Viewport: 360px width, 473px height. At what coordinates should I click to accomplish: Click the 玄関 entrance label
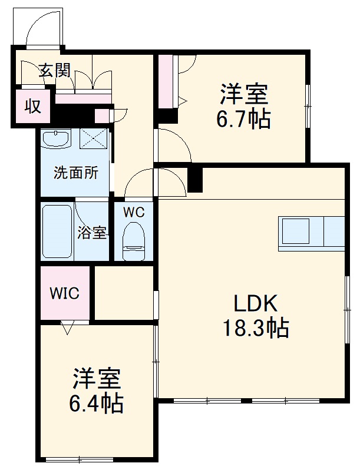coord(55,71)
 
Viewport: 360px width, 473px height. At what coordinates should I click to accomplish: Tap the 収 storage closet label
coord(32,107)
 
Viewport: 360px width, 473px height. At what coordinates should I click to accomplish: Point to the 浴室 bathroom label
coord(92,232)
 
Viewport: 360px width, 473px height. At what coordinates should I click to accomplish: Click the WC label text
coord(134,213)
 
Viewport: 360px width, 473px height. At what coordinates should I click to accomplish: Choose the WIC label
coord(64,293)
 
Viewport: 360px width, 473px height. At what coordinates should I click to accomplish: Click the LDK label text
coord(255,304)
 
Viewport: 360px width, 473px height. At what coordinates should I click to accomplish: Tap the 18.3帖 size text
coord(255,327)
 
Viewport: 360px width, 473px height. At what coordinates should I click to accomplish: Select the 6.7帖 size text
coord(243,120)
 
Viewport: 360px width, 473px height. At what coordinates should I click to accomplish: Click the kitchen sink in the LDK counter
coord(295,230)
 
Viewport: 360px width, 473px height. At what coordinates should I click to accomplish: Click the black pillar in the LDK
coord(194,180)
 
